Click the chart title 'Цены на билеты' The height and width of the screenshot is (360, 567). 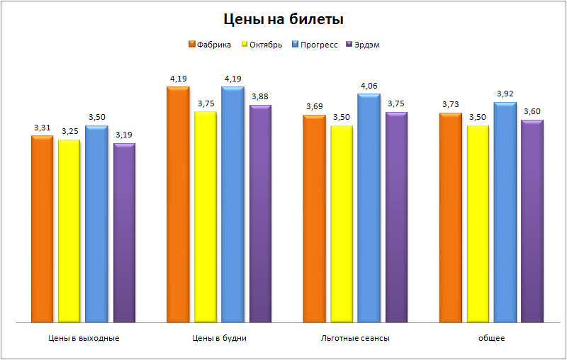point(283,19)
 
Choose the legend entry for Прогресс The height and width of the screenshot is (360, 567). point(318,45)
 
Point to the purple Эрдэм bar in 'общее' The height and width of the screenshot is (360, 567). point(532,220)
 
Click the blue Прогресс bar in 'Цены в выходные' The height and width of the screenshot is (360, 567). point(96,223)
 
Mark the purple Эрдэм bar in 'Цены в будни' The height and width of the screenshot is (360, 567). point(260,213)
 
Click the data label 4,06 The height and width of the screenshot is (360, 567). point(369,86)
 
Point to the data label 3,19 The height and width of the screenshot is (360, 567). point(123,135)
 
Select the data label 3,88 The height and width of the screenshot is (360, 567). point(259,96)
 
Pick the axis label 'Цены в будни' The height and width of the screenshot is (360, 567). point(220,338)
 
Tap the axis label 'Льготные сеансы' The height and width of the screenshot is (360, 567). point(355,338)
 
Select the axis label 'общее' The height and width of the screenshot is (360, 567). point(491,338)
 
